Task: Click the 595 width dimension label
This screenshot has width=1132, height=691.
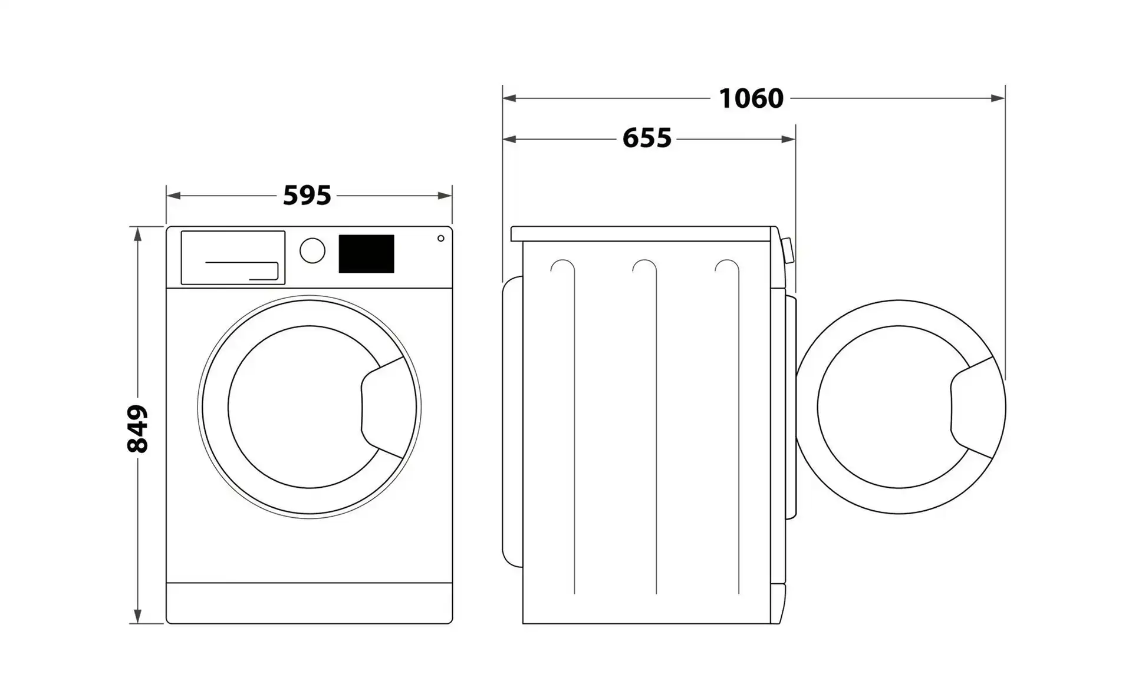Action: click(x=307, y=196)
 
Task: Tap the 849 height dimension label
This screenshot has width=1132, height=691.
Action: click(x=137, y=429)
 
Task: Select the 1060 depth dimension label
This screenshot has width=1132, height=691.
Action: click(x=751, y=98)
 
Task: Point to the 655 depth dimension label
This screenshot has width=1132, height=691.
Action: click(x=647, y=138)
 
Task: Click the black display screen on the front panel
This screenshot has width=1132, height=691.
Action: click(x=366, y=254)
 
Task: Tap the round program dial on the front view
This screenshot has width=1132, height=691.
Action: click(x=312, y=250)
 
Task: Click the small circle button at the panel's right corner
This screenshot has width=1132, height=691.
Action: click(x=441, y=238)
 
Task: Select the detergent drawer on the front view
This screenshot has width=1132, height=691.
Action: click(x=233, y=257)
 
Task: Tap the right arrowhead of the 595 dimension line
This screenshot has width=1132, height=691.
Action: click(x=445, y=196)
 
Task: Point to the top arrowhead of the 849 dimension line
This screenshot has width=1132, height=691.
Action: click(x=137, y=234)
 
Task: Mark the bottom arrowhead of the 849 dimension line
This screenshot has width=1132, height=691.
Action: click(x=137, y=616)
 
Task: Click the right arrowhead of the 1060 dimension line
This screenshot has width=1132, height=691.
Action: click(x=998, y=98)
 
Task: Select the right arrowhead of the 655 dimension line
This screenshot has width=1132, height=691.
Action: click(x=788, y=139)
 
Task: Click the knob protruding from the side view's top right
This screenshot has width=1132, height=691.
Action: click(x=787, y=250)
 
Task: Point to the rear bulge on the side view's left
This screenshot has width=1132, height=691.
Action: click(x=512, y=422)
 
